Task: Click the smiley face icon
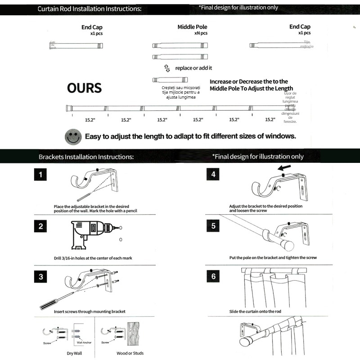[73, 136]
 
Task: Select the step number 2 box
[40, 226]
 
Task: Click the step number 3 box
[40, 276]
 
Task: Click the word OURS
[84, 88]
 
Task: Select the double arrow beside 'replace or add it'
[167, 68]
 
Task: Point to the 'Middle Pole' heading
[192, 27]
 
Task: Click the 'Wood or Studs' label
[130, 353]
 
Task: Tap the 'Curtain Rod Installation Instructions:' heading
[89, 9]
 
